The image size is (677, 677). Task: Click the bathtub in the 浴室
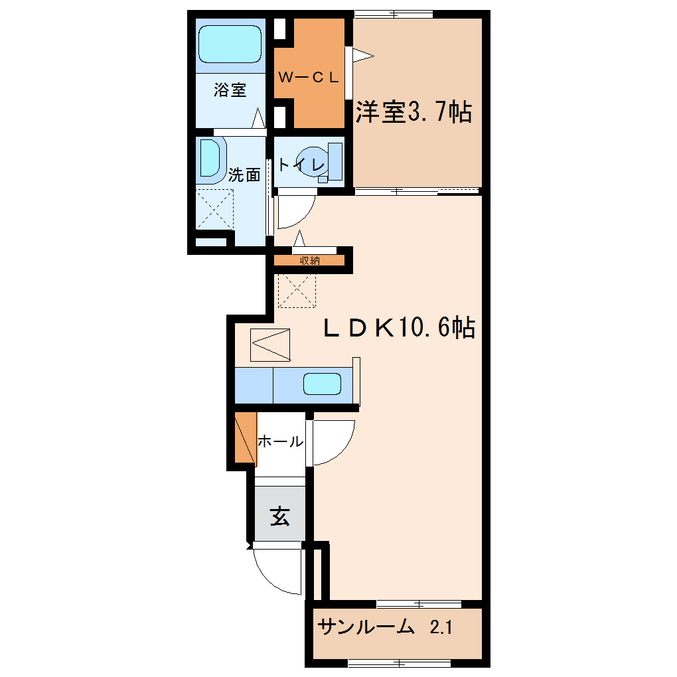(230, 44)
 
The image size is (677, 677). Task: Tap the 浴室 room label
(230, 90)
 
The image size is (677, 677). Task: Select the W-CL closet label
(308, 77)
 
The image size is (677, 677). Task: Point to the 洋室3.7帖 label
(414, 112)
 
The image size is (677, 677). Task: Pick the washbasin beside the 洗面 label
(210, 158)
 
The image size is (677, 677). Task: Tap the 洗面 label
(244, 175)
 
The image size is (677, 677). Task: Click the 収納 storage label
(309, 260)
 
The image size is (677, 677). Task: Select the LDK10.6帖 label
(400, 327)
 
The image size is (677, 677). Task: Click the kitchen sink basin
(322, 384)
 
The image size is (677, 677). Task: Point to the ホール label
(281, 441)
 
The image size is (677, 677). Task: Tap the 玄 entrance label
(280, 516)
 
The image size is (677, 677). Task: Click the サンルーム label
(366, 627)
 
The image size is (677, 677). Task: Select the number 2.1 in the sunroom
(441, 627)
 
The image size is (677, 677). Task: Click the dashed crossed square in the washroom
(214, 209)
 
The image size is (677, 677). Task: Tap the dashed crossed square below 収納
(297, 291)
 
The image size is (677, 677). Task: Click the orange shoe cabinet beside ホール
(245, 437)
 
